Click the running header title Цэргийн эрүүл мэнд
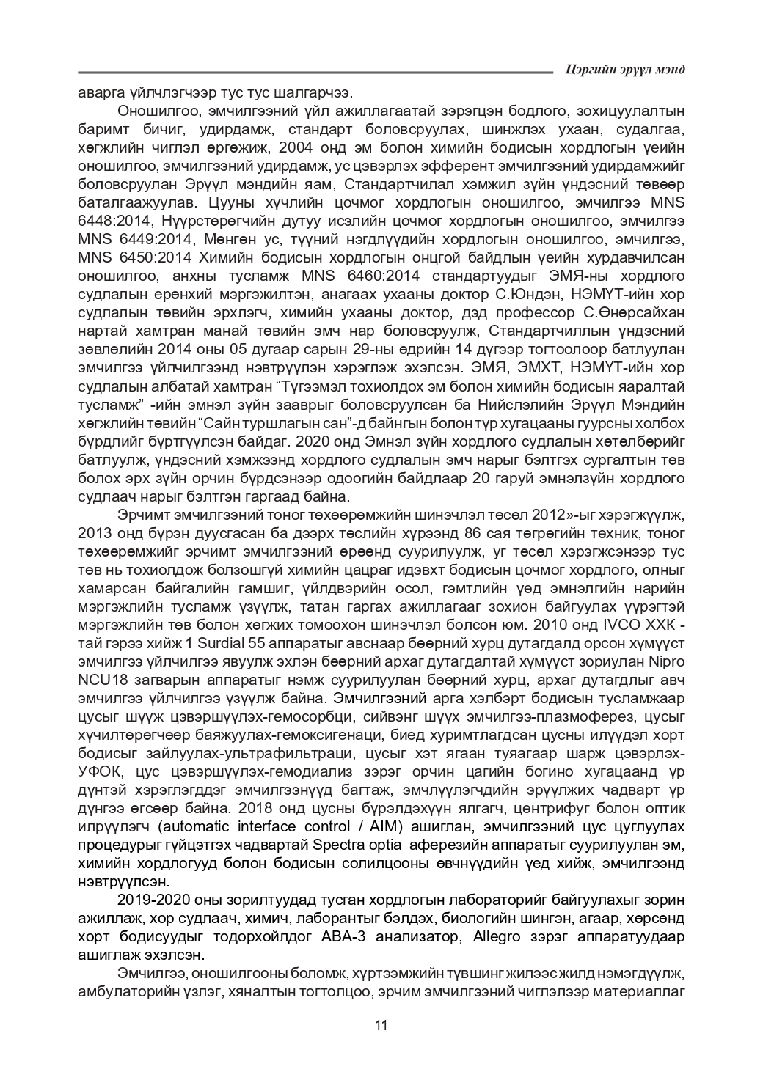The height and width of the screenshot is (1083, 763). (x=626, y=70)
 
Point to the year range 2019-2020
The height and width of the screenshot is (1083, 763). (x=151, y=900)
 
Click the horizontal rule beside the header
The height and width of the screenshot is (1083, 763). (x=315, y=72)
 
